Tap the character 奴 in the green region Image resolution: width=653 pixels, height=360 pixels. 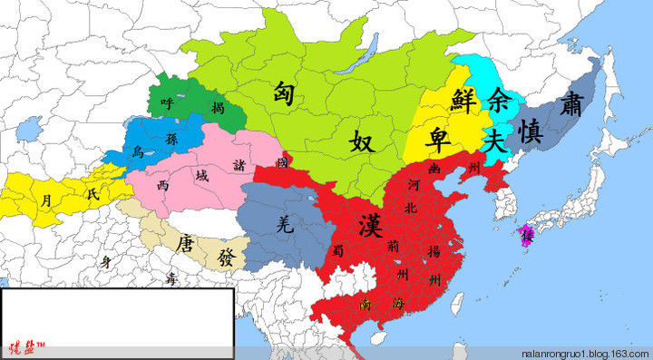click(362, 141)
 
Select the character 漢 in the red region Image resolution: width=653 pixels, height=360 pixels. click(370, 221)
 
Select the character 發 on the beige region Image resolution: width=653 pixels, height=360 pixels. click(224, 258)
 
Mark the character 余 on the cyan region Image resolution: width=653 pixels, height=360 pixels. click(498, 95)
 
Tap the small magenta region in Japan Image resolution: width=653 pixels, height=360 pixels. click(525, 235)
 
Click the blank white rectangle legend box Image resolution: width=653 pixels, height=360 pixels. click(117, 315)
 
